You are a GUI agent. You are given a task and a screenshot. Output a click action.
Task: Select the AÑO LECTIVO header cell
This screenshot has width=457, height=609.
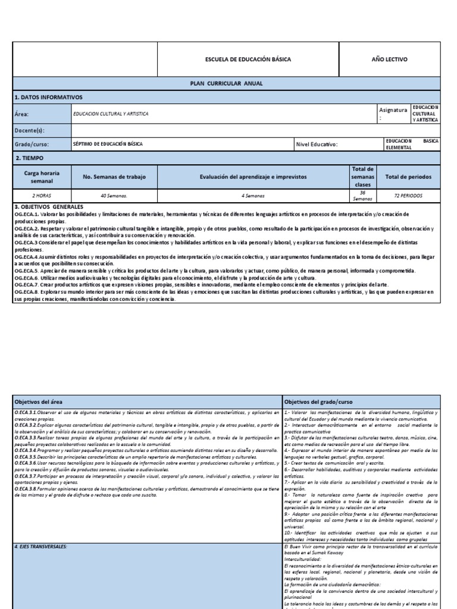click(390, 60)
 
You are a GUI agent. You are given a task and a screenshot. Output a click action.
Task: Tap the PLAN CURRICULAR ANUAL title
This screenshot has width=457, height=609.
click(226, 84)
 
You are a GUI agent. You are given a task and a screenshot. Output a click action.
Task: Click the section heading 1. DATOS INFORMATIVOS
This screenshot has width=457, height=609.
click(48, 97)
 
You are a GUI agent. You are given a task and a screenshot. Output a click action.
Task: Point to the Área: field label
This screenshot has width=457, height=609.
click(21, 114)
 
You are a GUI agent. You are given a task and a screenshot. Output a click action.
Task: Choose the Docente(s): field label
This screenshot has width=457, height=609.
click(29, 130)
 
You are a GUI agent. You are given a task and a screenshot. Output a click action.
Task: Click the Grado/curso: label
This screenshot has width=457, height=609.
click(32, 144)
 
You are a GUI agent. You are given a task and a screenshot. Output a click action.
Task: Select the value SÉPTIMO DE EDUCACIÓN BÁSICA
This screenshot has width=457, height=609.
click(108, 144)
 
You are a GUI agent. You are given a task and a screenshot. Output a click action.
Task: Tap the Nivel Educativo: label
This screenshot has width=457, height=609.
click(317, 144)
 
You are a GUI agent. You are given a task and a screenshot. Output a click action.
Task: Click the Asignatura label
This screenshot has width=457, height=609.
click(393, 111)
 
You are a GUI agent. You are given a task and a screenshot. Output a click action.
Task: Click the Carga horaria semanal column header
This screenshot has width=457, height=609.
click(41, 177)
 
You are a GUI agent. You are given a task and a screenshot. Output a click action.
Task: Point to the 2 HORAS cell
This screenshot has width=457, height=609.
click(41, 195)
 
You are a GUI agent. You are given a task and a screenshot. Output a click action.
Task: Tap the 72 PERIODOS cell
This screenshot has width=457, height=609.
click(408, 195)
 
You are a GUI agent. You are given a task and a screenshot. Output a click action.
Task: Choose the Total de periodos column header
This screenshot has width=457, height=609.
click(408, 177)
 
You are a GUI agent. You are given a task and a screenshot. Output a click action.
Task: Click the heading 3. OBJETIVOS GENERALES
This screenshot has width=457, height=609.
click(49, 206)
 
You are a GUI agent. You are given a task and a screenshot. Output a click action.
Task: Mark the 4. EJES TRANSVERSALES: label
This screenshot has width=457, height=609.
click(42, 545)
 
